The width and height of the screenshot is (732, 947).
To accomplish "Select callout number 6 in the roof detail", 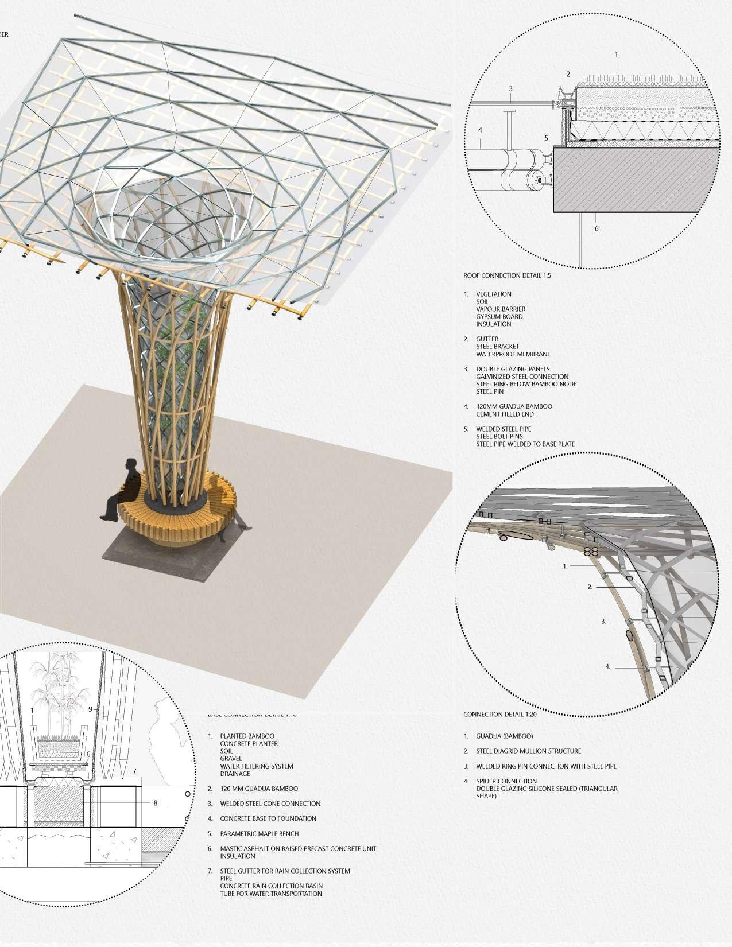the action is [x=597, y=228].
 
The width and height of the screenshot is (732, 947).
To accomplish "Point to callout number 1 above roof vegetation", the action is [x=617, y=56].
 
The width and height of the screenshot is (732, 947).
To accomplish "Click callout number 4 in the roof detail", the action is [x=481, y=130].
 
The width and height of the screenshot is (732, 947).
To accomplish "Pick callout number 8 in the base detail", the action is [x=155, y=803].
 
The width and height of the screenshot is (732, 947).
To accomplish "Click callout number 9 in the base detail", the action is [x=90, y=709].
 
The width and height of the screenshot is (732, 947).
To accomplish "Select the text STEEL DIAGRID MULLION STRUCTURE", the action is [x=528, y=751].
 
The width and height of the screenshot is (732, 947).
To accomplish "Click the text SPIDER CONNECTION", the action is [x=506, y=781].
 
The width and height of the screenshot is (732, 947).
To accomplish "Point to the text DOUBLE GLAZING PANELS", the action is [x=513, y=369].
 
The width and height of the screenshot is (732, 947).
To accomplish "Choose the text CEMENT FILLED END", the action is [x=505, y=414].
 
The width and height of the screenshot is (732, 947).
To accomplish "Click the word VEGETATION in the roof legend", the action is [x=493, y=294].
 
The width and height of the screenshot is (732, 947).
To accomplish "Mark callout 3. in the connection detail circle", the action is [x=603, y=622].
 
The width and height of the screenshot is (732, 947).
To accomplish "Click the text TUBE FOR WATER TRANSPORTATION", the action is [x=271, y=894].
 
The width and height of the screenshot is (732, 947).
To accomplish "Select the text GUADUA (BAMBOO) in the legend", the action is [x=504, y=736].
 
